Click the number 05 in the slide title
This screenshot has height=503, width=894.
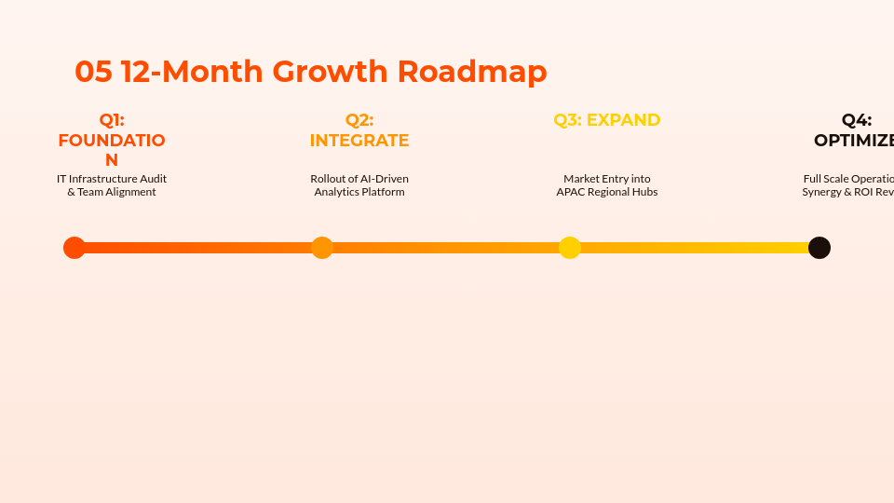(x=93, y=72)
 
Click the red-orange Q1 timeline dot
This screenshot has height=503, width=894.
(x=74, y=248)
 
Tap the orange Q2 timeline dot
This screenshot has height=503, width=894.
(x=322, y=248)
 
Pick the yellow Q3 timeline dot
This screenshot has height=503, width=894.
(x=570, y=248)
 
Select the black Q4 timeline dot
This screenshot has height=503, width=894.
(x=819, y=248)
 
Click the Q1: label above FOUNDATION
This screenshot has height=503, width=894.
(x=112, y=120)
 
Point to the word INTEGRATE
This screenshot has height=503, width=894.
(x=359, y=141)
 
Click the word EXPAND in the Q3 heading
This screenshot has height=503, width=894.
(x=623, y=120)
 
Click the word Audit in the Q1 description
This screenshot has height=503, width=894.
(x=153, y=179)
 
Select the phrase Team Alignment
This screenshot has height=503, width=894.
(x=117, y=193)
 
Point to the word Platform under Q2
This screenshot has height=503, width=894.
(x=384, y=193)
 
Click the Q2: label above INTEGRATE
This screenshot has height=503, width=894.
(x=359, y=120)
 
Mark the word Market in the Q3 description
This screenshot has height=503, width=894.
(x=581, y=179)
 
